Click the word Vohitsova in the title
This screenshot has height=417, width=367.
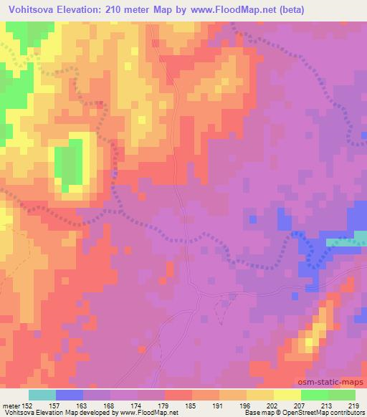click(29, 10)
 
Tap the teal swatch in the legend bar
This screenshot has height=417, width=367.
click(42, 395)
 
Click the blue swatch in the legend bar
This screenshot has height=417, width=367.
click(70, 395)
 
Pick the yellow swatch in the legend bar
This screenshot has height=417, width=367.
click(287, 395)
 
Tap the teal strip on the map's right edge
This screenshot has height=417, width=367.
click(347, 242)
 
